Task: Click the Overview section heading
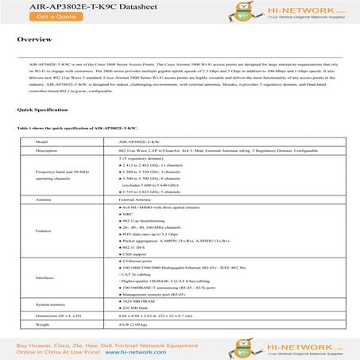coord(35,38)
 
